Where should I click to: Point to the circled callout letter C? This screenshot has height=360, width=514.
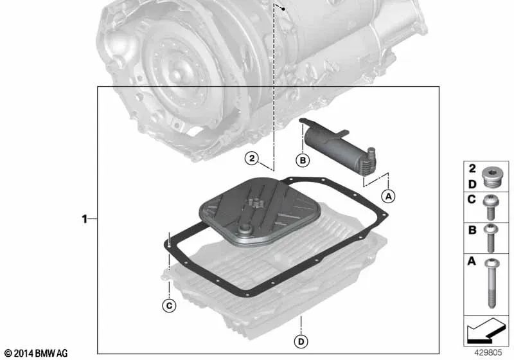pos(168,306)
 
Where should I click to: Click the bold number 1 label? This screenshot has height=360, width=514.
pos(85,219)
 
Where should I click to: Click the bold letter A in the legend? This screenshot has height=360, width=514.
pos(471,262)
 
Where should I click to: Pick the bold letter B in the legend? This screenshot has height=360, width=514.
pos(471,230)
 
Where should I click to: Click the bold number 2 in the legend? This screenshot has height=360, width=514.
pos(471,169)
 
